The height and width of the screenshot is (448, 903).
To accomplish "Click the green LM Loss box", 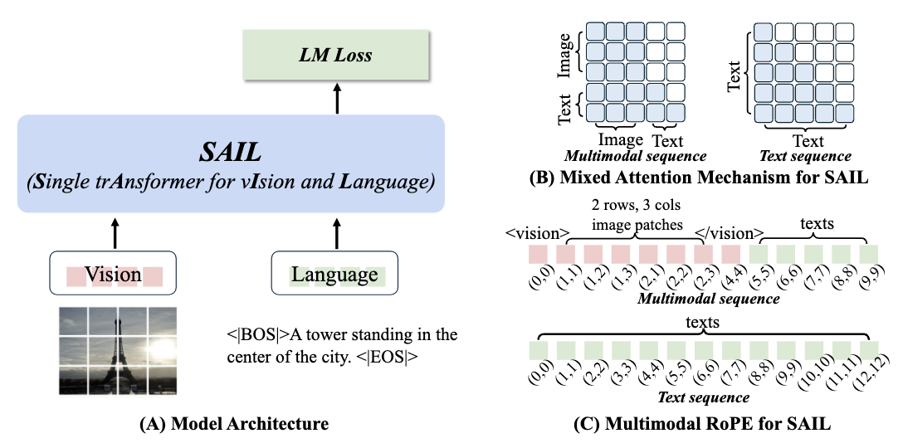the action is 336,55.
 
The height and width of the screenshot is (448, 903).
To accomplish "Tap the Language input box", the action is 334,273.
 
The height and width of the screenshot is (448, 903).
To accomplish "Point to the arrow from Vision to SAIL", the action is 115,233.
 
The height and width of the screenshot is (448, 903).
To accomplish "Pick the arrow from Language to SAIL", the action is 337,233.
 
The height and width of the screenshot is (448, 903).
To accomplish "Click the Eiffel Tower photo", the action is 118,351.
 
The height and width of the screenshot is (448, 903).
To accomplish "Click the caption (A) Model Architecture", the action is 234,425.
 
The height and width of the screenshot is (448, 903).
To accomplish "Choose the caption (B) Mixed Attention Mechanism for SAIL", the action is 699,177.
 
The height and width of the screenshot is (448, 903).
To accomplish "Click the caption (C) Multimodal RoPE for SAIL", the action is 703,425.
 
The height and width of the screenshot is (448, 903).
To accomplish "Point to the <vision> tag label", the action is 537,233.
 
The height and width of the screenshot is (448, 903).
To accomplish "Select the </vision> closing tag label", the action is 729,233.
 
